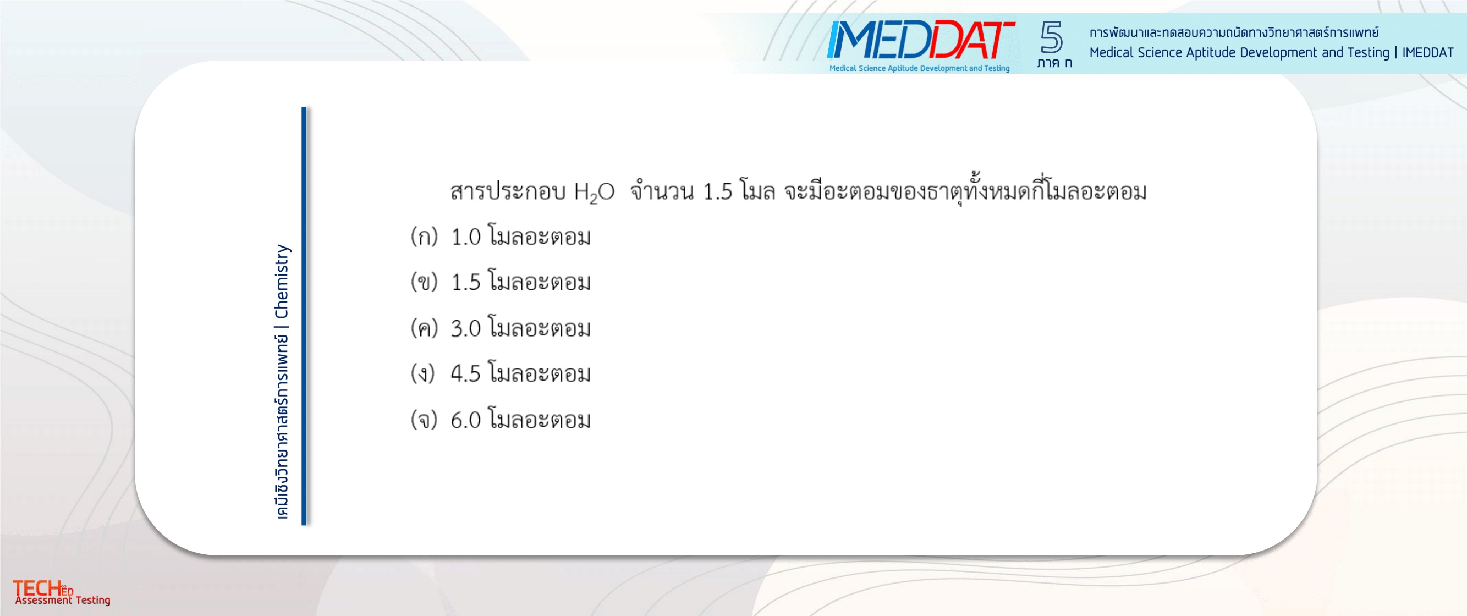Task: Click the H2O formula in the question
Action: [x=594, y=193]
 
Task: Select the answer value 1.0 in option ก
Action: [x=466, y=237]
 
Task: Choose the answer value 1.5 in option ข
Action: [x=466, y=282]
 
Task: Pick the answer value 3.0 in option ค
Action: [x=466, y=328]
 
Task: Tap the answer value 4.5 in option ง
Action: [x=466, y=374]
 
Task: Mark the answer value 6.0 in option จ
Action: [x=466, y=420]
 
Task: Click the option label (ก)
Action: [x=424, y=237]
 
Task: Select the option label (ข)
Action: [x=424, y=282]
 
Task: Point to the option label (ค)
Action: [x=424, y=328]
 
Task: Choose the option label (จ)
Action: [x=424, y=420]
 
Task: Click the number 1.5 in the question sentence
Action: [x=718, y=192]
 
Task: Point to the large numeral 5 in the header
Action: [x=1051, y=37]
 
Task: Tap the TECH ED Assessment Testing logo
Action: [x=62, y=592]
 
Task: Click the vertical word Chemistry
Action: [x=281, y=282]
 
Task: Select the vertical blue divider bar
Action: [x=304, y=316]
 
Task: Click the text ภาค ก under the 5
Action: [x=1054, y=63]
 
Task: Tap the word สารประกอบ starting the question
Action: [x=507, y=192]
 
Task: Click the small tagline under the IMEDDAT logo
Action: [x=919, y=68]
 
